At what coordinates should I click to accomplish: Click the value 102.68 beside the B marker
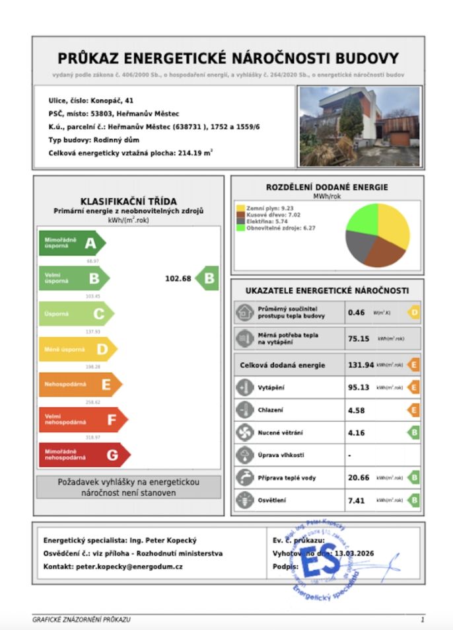point(178,278)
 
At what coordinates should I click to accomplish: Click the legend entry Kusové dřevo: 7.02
point(264,215)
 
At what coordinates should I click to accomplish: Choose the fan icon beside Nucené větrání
point(244,432)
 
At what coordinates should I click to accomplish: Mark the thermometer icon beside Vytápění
point(244,387)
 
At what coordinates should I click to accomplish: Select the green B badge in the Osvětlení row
point(413,500)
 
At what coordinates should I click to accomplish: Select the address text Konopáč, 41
point(112,100)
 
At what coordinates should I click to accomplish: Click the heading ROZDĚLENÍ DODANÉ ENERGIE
point(326,187)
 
